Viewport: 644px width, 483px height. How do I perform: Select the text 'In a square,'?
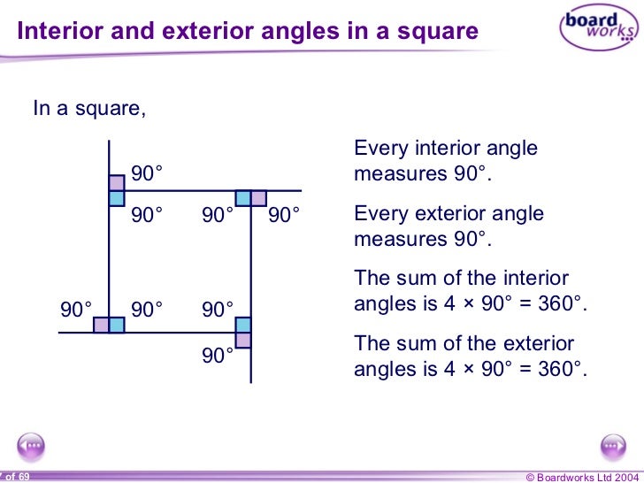click(x=88, y=109)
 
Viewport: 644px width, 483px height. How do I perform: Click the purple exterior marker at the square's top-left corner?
click(x=117, y=183)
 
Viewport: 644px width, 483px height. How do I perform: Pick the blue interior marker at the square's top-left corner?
click(x=117, y=198)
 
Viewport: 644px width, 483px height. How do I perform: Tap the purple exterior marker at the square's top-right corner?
click(x=259, y=198)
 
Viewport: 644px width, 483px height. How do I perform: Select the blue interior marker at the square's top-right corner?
click(x=243, y=198)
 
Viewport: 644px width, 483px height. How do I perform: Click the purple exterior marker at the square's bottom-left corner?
click(x=101, y=325)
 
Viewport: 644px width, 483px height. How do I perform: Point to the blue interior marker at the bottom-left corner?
click(x=117, y=325)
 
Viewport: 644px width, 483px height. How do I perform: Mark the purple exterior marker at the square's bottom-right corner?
click(x=243, y=340)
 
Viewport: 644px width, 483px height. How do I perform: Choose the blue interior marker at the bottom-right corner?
click(x=243, y=325)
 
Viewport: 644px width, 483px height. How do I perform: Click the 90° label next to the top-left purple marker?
click(x=148, y=173)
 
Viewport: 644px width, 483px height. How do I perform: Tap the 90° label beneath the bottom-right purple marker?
click(x=218, y=356)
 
